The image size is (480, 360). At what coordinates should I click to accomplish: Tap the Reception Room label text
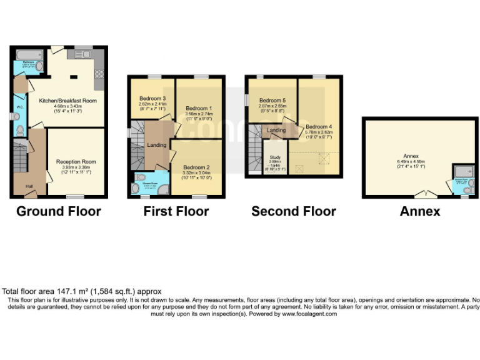(76, 161)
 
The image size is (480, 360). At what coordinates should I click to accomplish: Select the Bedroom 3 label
(152, 98)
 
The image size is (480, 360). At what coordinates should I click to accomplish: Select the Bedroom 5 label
(272, 100)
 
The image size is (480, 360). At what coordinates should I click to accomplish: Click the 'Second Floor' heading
(293, 211)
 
